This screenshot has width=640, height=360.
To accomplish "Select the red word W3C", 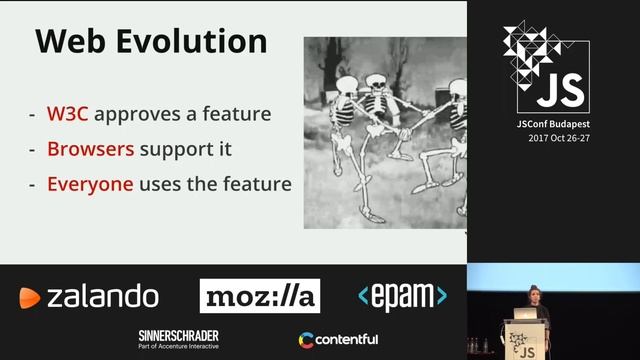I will point(68,113).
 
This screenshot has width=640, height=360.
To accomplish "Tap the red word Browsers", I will point(89,149).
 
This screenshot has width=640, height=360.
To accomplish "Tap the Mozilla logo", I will point(260,296).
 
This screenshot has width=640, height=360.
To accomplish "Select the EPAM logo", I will point(402,296).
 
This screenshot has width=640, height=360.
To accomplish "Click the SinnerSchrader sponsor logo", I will point(179,339).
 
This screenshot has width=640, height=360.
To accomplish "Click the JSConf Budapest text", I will point(552,125).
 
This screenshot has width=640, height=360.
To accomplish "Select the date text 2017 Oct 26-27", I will point(556,138).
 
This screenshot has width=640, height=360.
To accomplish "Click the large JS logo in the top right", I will point(546,68).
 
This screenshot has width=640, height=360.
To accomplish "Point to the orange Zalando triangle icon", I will point(29,297).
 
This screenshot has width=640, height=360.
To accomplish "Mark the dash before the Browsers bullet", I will point(33,150).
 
